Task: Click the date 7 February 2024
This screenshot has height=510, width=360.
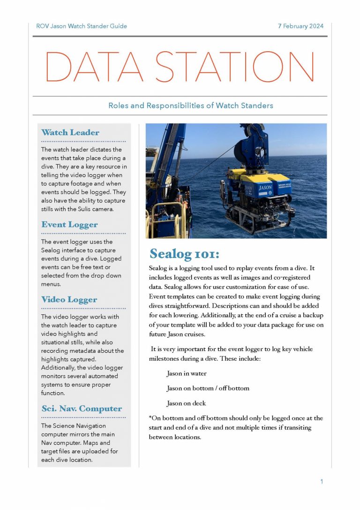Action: click(x=300, y=26)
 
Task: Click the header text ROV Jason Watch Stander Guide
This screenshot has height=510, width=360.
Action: click(x=81, y=26)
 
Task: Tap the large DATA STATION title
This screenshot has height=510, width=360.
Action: click(x=180, y=67)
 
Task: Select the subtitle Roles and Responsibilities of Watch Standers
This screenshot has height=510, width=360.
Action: click(x=190, y=106)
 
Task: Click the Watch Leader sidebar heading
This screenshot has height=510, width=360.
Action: click(x=70, y=133)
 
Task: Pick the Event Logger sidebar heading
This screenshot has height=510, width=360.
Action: click(x=69, y=225)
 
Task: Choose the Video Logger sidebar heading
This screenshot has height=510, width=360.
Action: click(x=69, y=300)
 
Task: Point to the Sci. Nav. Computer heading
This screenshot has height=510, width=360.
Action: click(x=82, y=409)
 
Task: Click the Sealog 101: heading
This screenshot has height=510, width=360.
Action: click(x=184, y=254)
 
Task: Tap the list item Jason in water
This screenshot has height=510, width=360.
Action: click(x=187, y=374)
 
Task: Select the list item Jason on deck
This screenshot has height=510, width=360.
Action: click(x=186, y=403)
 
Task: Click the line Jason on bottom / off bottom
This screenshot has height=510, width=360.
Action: click(x=208, y=388)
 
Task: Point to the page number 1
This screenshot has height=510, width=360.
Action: click(x=322, y=481)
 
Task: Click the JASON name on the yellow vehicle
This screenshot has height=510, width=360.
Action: click(x=265, y=188)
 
